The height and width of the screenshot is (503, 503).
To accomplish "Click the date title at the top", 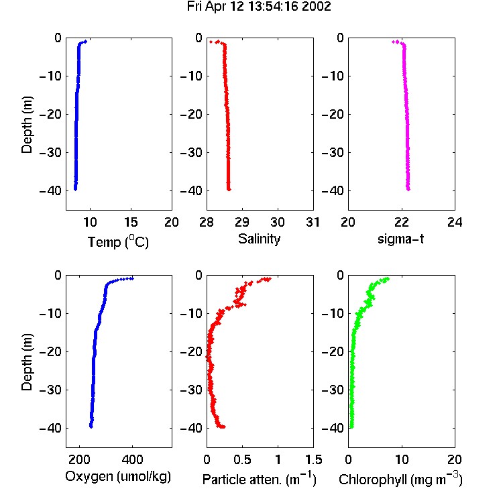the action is point(259,7).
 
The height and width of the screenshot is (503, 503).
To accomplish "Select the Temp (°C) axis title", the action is point(118,241).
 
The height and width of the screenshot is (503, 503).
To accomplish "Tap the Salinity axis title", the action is point(259,239).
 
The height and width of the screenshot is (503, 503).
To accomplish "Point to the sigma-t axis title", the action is point(400,239).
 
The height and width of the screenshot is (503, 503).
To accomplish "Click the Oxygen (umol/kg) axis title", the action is point(118,477).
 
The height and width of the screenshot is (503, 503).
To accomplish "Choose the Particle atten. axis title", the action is point(259,479).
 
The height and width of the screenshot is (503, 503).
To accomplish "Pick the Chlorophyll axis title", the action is point(400,479).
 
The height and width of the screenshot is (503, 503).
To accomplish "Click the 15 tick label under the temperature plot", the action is point(131,222).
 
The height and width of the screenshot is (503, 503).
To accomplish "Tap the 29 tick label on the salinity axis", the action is point(242,222).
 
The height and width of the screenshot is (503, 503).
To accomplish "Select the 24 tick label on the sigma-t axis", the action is point(455,222).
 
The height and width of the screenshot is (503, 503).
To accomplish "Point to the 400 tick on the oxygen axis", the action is point(132,459).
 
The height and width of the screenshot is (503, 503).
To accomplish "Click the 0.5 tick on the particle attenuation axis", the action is point(242,459).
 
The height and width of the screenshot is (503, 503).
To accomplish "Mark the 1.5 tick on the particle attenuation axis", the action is point(314,459).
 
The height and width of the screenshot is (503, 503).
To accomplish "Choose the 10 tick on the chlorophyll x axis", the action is point(402,459).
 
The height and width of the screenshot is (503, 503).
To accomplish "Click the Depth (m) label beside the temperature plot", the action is point(27,125).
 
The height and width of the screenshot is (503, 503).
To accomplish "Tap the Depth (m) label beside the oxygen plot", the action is point(27,362).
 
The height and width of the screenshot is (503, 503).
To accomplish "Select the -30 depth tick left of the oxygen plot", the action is point(50,390).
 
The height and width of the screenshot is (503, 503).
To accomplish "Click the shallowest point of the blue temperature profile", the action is point(85,41).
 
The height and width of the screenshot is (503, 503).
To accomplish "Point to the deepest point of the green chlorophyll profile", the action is point(351,427).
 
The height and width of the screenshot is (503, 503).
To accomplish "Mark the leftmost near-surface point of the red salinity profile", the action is point(211,42).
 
